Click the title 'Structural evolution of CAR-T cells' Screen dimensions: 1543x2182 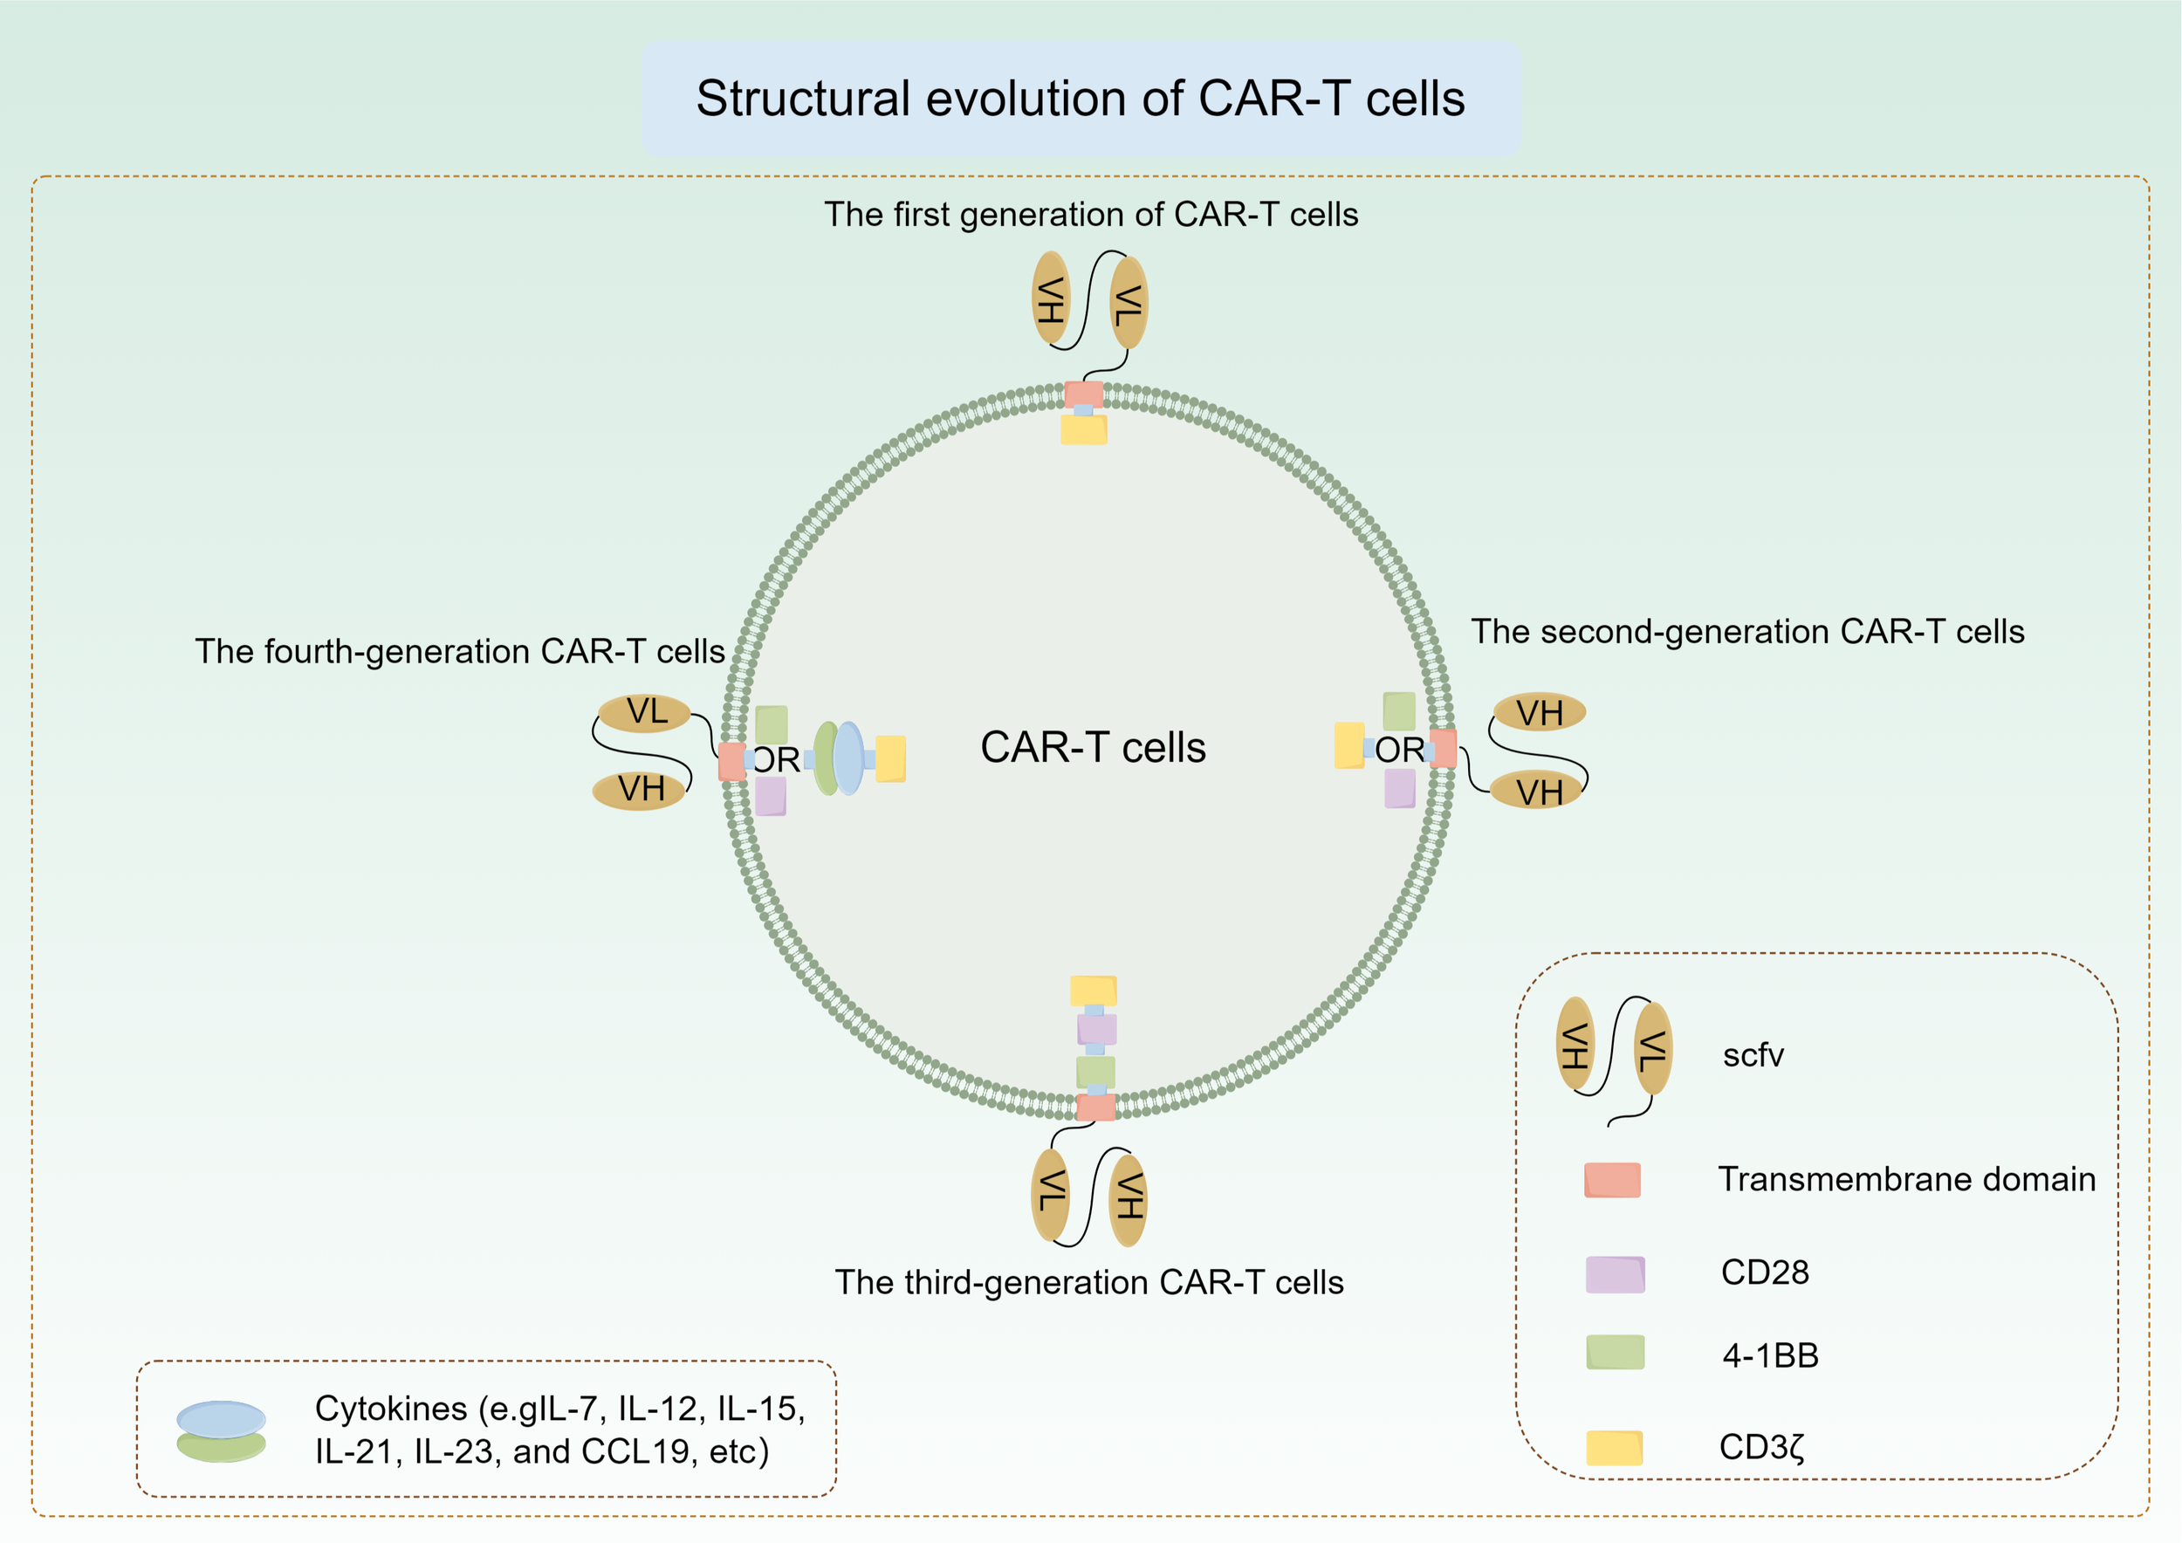pyautogui.click(x=1081, y=99)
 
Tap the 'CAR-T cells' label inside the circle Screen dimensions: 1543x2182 pyautogui.click(x=1093, y=748)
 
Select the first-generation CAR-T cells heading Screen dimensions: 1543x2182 pyautogui.click(x=1090, y=215)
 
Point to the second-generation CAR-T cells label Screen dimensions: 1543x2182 pyautogui.click(x=1746, y=632)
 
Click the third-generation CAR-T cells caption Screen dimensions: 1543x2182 pyautogui.click(x=1089, y=1283)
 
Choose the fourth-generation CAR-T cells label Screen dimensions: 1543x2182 pyautogui.click(x=460, y=652)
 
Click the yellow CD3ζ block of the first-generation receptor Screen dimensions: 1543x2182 pyautogui.click(x=1083, y=430)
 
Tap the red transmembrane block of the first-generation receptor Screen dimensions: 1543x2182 pyautogui.click(x=1083, y=394)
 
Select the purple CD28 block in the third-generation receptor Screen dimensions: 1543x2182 pyautogui.click(x=1095, y=1029)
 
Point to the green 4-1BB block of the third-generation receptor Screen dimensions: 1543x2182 pyautogui.click(x=1094, y=1072)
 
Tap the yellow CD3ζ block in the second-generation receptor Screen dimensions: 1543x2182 pyautogui.click(x=1348, y=746)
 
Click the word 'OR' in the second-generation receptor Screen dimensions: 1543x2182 pyautogui.click(x=1399, y=751)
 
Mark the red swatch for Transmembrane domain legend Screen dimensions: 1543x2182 pyautogui.click(x=1612, y=1180)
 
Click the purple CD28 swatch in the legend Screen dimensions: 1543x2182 pyautogui.click(x=1615, y=1275)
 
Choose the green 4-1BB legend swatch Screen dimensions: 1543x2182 pyautogui.click(x=1615, y=1352)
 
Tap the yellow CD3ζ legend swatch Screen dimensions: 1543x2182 pyautogui.click(x=1614, y=1448)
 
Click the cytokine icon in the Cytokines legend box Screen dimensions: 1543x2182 pyautogui.click(x=222, y=1431)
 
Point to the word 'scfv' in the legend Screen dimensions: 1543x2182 pyautogui.click(x=1753, y=1056)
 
